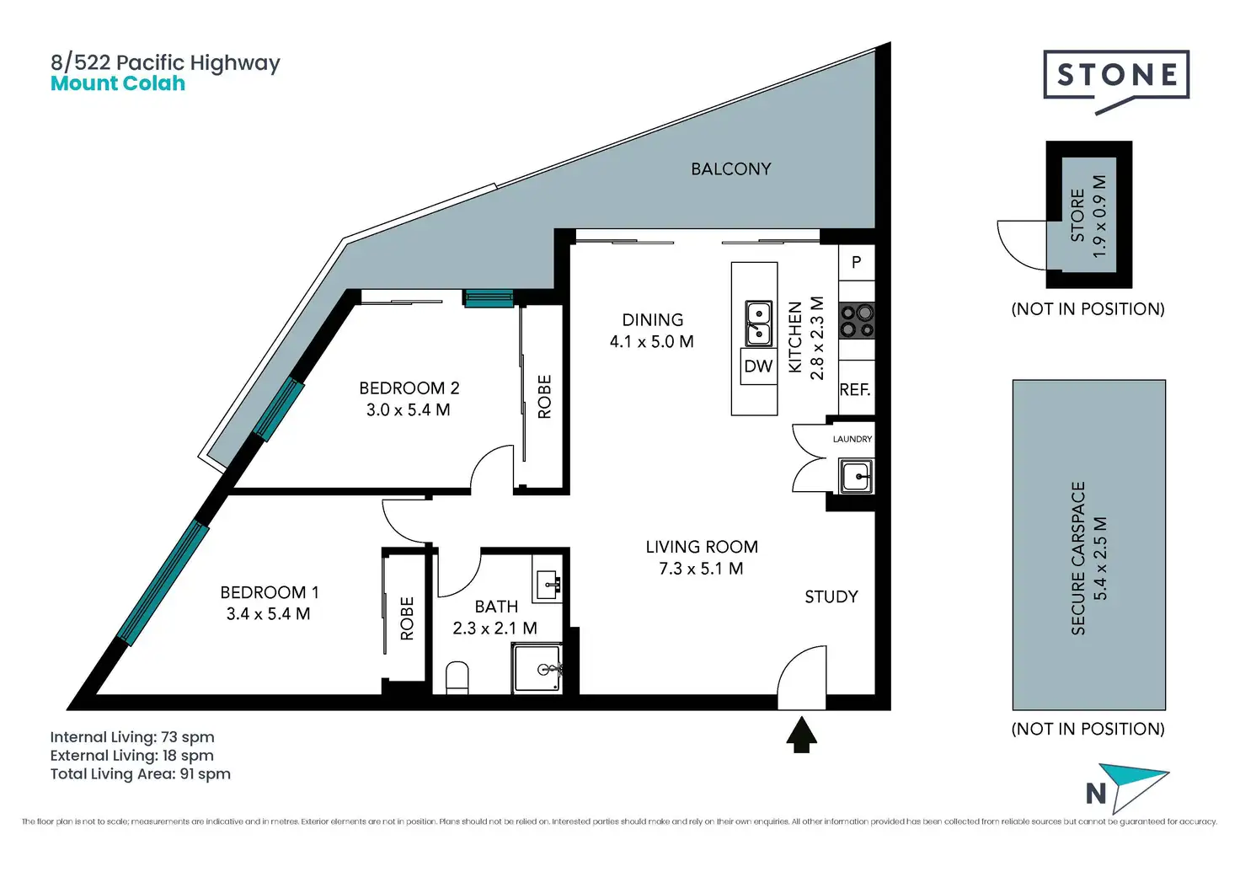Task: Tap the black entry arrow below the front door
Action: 802,735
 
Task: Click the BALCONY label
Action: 730,168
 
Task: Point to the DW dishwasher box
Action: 758,366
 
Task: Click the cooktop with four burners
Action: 857,321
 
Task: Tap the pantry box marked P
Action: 857,263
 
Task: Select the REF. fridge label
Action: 855,390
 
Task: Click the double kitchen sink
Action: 758,324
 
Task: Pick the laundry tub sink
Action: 856,476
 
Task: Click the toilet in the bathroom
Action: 457,677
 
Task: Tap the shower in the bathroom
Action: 537,668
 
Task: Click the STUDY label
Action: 831,596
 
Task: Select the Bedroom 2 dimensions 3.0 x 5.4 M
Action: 408,410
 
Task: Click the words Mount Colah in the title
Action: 118,83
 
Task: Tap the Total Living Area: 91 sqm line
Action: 141,774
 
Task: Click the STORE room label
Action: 1077,216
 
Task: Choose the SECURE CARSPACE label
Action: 1077,558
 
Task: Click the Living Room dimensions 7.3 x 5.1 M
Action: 701,569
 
